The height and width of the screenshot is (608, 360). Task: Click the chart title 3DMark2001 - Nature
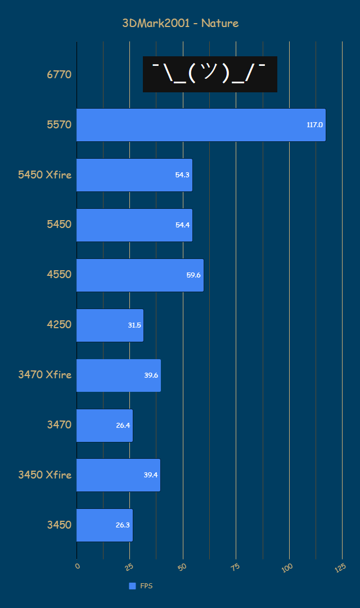click(x=181, y=23)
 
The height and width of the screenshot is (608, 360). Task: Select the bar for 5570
click(x=201, y=125)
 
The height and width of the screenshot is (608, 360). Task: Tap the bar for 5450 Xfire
click(x=134, y=175)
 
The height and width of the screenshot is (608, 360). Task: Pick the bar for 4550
click(x=140, y=275)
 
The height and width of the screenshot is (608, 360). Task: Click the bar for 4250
click(x=110, y=325)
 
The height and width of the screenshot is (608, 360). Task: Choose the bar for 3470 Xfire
click(x=119, y=375)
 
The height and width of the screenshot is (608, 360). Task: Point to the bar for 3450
click(x=105, y=525)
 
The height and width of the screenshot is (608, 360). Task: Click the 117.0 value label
click(x=314, y=124)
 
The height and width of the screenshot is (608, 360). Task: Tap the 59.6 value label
click(x=193, y=275)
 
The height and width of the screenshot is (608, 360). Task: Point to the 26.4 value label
click(x=123, y=426)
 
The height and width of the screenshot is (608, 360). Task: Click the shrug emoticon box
click(x=210, y=74)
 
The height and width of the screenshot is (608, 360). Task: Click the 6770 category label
click(x=59, y=74)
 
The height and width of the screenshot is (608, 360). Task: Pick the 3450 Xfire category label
click(x=45, y=475)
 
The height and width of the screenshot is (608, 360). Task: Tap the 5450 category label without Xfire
click(x=59, y=225)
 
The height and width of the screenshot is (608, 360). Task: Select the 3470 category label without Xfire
click(x=59, y=424)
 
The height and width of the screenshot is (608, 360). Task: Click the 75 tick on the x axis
click(x=235, y=566)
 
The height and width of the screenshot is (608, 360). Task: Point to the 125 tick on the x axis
click(x=340, y=568)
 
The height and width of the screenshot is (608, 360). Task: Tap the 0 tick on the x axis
click(x=78, y=565)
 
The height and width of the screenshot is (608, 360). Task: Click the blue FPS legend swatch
click(x=132, y=586)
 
